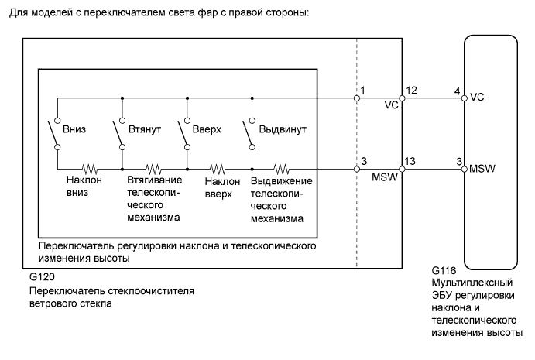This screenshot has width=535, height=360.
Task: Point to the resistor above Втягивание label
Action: [153, 167]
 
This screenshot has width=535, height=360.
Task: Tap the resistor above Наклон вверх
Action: [218, 167]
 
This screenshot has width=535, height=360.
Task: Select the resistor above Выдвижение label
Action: [283, 167]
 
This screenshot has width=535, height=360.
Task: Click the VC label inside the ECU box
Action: [477, 98]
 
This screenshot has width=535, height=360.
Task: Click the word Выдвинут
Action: [282, 129]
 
